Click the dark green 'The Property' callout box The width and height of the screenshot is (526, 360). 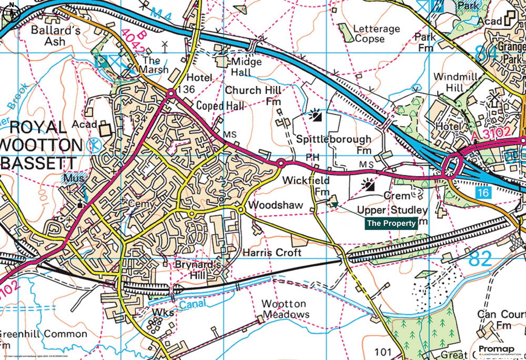391,223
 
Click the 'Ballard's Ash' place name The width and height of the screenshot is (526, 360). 55,36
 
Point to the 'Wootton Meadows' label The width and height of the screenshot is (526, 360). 285,309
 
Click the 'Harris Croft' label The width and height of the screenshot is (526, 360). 272,253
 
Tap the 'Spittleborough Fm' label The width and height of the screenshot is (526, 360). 333,144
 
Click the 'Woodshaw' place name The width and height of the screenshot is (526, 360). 269,205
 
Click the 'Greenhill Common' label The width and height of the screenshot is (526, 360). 43,334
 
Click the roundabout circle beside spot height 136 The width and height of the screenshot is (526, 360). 171,94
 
